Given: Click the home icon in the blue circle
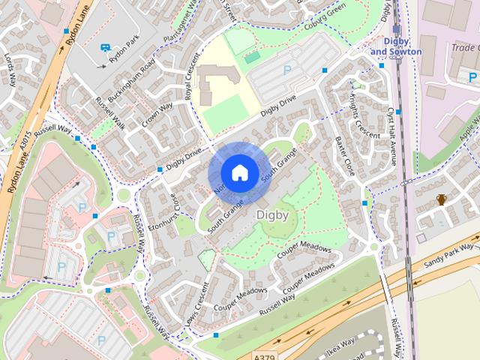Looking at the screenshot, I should click(238, 173).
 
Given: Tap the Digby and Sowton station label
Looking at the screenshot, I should click(396, 46).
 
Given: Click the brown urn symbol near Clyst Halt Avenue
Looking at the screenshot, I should click(442, 199).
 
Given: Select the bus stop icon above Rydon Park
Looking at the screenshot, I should click(106, 48).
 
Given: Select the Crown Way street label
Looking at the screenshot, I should click(157, 115).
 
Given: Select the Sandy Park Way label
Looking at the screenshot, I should click(449, 254).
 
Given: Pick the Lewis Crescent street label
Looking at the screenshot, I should click(194, 306).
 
